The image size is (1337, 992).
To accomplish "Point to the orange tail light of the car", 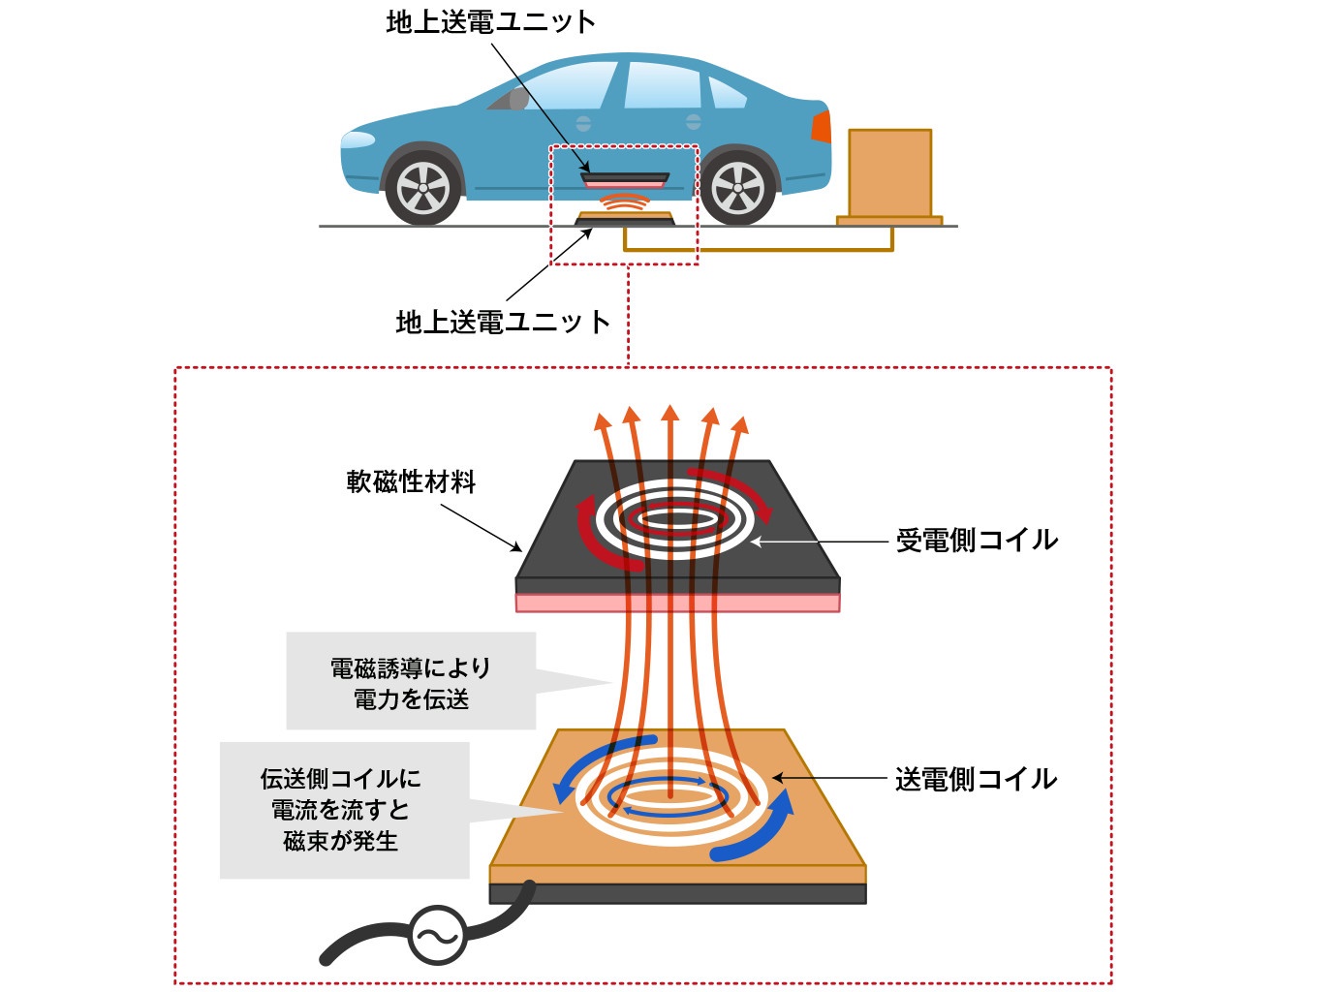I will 822,127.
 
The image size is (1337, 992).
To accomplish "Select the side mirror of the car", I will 518,99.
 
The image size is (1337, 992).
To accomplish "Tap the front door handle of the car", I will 583,123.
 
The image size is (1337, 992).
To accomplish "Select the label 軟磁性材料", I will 411,481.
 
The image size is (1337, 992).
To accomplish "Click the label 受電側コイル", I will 976,540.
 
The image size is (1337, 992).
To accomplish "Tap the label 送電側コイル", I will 976,779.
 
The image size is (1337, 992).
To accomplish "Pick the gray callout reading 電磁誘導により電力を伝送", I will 411,682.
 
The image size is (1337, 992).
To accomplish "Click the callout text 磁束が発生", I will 341,841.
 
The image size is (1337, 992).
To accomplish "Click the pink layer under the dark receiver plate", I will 677,604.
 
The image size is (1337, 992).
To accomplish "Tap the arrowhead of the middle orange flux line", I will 669,414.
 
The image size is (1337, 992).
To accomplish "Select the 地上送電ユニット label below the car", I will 503,322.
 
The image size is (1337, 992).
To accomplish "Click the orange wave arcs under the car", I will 624,203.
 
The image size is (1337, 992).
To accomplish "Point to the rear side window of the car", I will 727,92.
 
